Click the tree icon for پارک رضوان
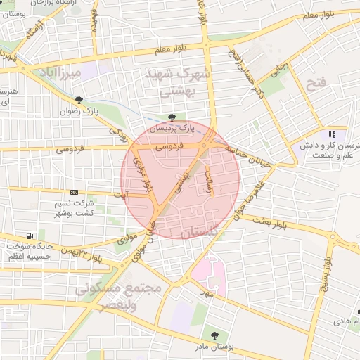78,100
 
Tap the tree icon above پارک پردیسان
173,117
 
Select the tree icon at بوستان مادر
214,336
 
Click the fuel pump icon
29,236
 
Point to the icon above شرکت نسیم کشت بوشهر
75,192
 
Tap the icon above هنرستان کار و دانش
332,134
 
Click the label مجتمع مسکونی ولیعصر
120,297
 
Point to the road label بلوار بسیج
327,274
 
